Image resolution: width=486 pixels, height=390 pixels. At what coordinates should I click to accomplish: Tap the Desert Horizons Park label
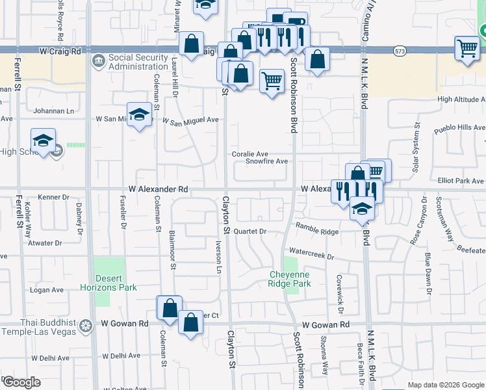tap(109, 281)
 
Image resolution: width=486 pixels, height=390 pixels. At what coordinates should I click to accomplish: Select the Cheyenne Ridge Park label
tap(290, 279)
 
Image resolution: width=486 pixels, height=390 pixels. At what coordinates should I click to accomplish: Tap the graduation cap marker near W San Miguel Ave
tap(140, 116)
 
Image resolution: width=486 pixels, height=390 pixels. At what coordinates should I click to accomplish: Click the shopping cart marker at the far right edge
tap(467, 49)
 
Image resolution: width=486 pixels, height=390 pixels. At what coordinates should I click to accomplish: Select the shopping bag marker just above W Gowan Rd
tap(190, 323)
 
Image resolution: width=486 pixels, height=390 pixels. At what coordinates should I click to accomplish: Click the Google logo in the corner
tap(21, 382)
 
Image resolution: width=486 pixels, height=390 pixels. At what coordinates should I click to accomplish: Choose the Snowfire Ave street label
tap(266, 161)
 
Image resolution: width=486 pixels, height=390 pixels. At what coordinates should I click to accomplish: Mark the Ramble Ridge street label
tap(317, 231)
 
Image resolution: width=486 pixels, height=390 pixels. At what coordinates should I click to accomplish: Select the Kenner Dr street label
tap(53, 197)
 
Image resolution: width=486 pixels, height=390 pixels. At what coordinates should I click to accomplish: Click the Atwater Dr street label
tap(45, 243)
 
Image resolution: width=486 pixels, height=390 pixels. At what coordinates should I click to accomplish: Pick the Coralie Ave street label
tap(250, 154)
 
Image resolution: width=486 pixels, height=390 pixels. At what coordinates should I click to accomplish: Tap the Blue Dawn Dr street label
tap(428, 273)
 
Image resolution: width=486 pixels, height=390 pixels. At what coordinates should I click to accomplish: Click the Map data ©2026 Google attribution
tap(445, 385)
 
